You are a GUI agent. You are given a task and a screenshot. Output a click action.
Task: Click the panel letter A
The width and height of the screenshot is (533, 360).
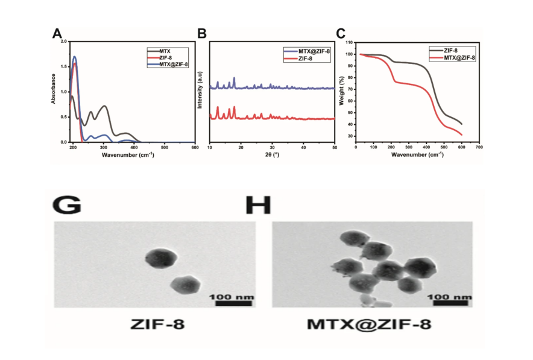(57, 34)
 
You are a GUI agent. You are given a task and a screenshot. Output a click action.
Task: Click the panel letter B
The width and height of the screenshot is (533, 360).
(203, 34)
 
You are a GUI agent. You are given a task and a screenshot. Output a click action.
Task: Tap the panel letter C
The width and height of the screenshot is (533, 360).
(341, 34)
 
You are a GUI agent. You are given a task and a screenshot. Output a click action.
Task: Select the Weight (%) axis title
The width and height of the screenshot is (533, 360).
(341, 91)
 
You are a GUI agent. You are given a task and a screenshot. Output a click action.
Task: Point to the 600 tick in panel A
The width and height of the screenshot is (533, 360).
(195, 147)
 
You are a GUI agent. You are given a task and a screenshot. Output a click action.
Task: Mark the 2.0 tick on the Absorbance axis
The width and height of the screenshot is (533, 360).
(65, 42)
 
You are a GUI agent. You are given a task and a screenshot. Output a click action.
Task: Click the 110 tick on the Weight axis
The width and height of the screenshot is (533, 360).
(348, 43)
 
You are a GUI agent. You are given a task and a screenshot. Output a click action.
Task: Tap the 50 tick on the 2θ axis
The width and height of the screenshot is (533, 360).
(335, 147)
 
